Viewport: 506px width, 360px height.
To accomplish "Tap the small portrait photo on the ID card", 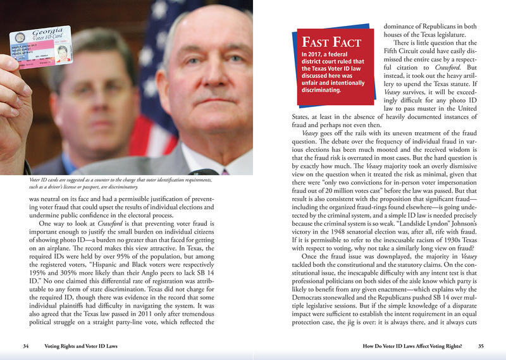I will (x=62, y=53).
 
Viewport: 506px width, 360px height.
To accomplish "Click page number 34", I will (x=26, y=346).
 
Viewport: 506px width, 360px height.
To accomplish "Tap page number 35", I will (x=481, y=346).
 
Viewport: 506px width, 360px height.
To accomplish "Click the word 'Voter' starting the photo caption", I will (x=37, y=180).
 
